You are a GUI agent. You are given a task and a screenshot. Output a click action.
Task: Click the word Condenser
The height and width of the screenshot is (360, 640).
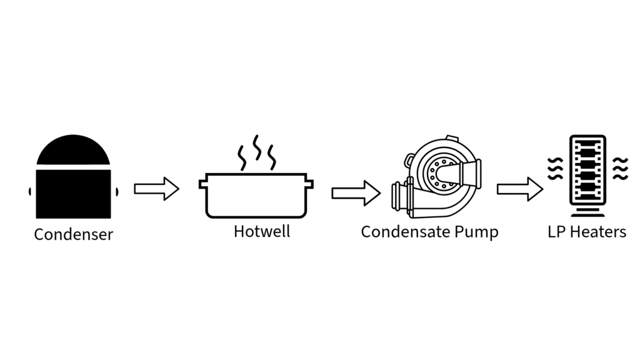73,234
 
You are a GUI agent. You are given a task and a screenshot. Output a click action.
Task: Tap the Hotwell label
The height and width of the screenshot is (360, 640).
262,231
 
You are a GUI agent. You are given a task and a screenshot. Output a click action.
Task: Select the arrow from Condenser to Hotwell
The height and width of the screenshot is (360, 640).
156,189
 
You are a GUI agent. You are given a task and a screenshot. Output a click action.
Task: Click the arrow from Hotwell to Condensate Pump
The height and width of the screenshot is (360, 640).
355,192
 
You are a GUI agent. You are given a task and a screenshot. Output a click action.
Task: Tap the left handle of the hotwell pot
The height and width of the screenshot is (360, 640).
202,184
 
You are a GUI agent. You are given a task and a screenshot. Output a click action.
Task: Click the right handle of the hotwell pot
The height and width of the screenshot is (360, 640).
310,184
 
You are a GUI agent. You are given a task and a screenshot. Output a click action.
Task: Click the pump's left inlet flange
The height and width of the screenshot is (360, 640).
397,196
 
